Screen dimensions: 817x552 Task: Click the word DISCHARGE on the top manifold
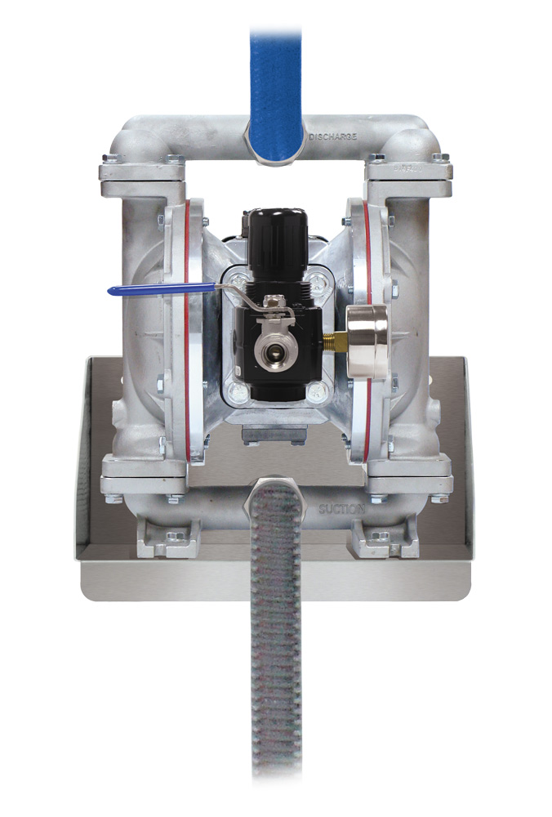click(332, 136)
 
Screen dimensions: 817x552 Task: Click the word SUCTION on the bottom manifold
click(341, 510)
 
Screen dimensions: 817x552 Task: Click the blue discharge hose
click(275, 82)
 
